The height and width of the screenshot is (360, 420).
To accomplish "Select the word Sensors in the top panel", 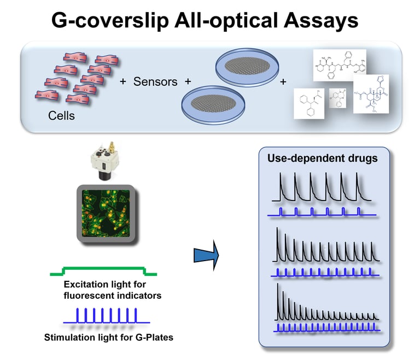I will tap(156, 81).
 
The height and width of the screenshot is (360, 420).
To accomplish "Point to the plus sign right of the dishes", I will tap(283, 81).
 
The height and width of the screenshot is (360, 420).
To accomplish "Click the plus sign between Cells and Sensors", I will tap(123, 81).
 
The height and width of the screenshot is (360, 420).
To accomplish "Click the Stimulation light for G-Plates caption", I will tap(108, 337).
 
